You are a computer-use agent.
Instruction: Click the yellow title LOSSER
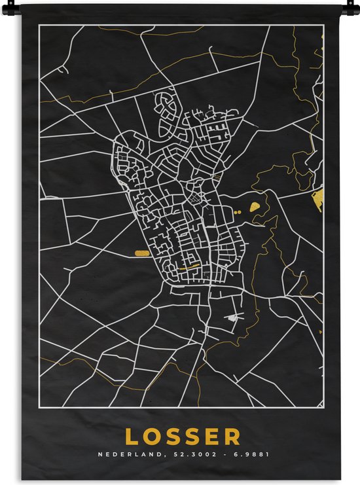(x=183, y=436)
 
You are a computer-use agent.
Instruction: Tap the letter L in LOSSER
(x=131, y=436)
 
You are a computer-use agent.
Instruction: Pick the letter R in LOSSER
(x=234, y=436)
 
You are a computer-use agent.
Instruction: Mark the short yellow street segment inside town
(x=190, y=266)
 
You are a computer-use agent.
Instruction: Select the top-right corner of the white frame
(x=323, y=26)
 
